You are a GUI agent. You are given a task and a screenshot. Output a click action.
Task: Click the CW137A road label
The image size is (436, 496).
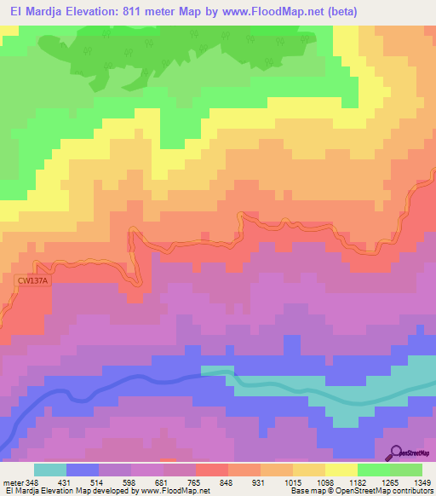[x=32, y=280]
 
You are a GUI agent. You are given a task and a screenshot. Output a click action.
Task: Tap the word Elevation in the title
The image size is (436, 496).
[x=84, y=11]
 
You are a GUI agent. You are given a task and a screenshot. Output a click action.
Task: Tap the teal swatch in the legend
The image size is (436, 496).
[x=50, y=470]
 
